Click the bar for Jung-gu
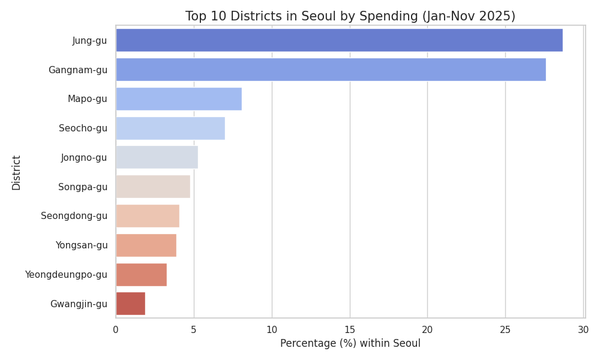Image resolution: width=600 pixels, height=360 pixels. click(x=339, y=40)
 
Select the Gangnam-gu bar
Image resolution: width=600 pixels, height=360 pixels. click(x=331, y=70)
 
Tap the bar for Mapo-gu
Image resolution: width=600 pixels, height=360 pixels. click(x=179, y=99)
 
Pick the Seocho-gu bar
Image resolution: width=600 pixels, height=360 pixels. click(x=170, y=128)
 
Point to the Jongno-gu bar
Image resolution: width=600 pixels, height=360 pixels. click(x=157, y=158)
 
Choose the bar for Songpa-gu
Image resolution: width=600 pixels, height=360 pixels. click(x=153, y=187)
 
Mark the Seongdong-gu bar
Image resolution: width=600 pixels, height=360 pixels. click(x=148, y=216)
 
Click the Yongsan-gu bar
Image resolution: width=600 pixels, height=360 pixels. click(x=146, y=245)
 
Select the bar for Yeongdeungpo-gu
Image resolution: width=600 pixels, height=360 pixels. click(x=141, y=275)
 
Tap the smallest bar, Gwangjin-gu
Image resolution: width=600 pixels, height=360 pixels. click(x=130, y=304)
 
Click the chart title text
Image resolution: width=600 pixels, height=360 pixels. click(x=350, y=16)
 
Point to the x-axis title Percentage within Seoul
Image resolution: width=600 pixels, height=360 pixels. click(x=350, y=344)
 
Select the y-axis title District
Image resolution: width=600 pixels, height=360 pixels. click(x=16, y=173)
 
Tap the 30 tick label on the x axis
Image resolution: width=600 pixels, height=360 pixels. click(x=583, y=329)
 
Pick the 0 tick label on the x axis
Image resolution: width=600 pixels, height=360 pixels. click(x=116, y=329)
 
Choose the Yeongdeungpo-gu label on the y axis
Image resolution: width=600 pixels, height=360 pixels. click(x=66, y=275)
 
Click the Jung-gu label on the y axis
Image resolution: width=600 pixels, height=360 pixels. click(x=89, y=41)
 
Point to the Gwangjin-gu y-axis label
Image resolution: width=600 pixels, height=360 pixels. click(x=79, y=304)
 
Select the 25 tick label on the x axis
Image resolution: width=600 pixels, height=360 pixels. click(x=505, y=329)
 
